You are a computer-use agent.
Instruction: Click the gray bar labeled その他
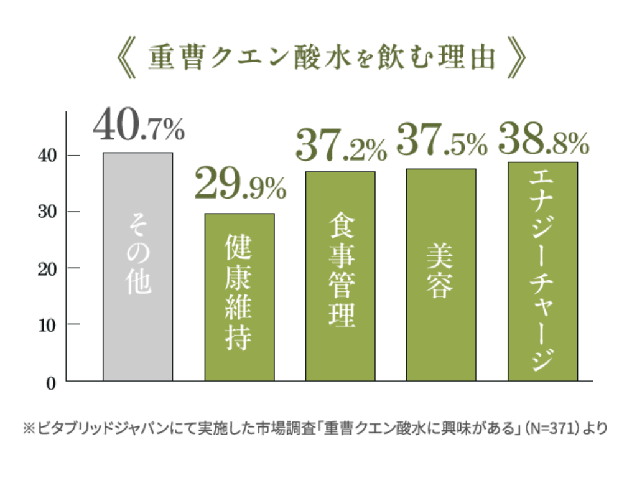pos(137,266)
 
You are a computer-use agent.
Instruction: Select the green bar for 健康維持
pos(239,297)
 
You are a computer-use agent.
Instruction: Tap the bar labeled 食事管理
pos(340,276)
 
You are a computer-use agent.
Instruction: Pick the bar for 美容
pos(441,275)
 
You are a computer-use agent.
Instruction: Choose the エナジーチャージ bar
pos(542,271)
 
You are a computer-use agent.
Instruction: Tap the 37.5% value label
pos(442,141)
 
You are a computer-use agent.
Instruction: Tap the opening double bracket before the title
pos(127,59)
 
